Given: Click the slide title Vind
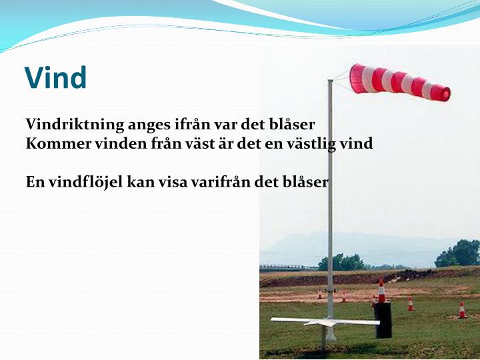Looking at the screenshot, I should click(x=55, y=78).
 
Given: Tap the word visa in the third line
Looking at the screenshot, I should click(x=172, y=181).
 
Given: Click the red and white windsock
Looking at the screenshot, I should click(x=399, y=81).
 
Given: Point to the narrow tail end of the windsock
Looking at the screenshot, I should click(x=441, y=92).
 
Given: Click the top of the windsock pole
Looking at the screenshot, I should click(x=329, y=82).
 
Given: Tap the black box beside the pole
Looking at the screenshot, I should click(x=383, y=319).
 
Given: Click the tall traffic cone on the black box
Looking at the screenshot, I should click(x=381, y=291).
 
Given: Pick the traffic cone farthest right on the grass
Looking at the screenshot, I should click(x=461, y=310).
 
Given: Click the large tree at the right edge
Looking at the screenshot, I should click(x=459, y=253).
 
